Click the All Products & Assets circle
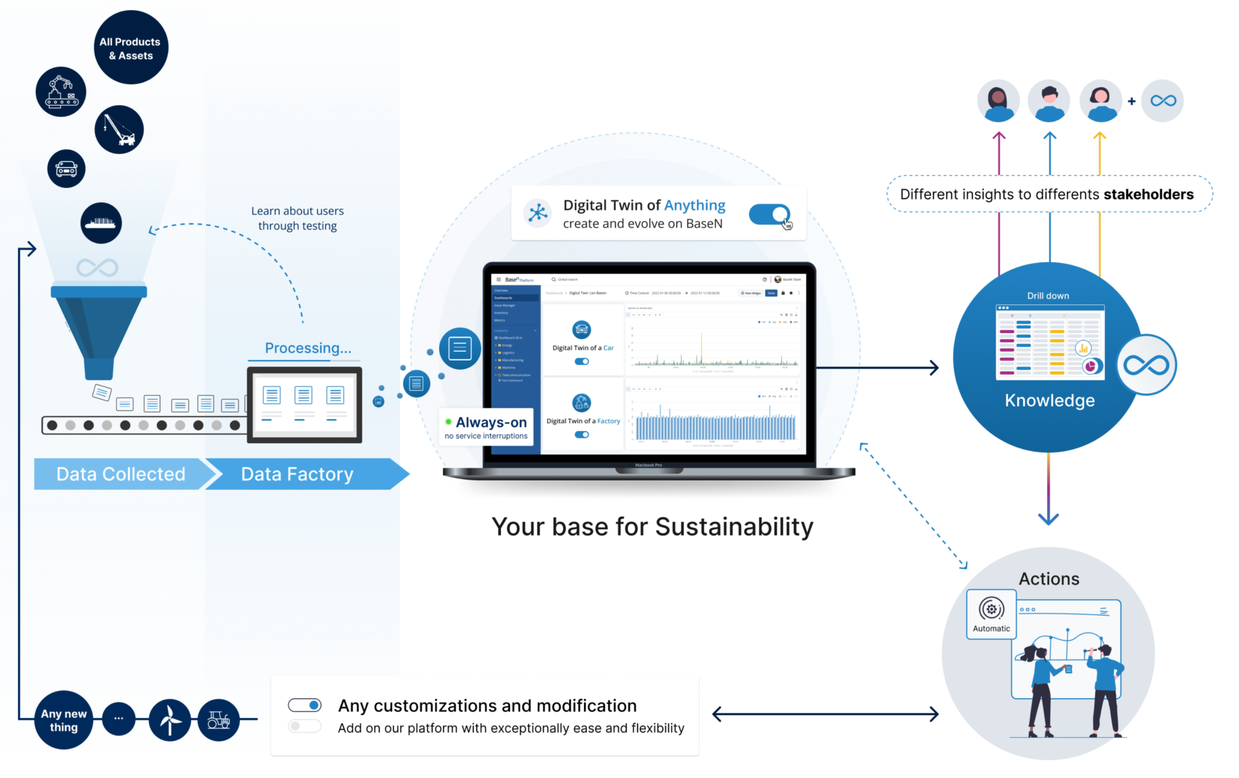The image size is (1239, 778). [131, 48]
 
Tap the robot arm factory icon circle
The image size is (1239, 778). [61, 92]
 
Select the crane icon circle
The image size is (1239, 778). [119, 129]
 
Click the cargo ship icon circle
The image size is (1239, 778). [101, 223]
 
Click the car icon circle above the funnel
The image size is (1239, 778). [67, 169]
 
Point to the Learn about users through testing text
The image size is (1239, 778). [297, 218]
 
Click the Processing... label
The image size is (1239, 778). [308, 348]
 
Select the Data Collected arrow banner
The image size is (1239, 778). [120, 474]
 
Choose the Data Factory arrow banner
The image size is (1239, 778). [297, 474]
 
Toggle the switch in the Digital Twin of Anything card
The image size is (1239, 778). [769, 214]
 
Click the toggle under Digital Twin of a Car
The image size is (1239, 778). [581, 362]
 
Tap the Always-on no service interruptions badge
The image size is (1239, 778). [486, 428]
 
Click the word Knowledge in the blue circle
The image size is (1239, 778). [1050, 400]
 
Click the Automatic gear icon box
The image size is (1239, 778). [992, 614]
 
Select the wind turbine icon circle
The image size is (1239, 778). [170, 719]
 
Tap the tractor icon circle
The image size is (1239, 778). [218, 719]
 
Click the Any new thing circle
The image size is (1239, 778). [64, 721]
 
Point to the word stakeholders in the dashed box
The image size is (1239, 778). [1148, 194]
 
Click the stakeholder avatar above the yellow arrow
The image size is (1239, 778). [1100, 100]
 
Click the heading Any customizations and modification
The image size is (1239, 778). [487, 706]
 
